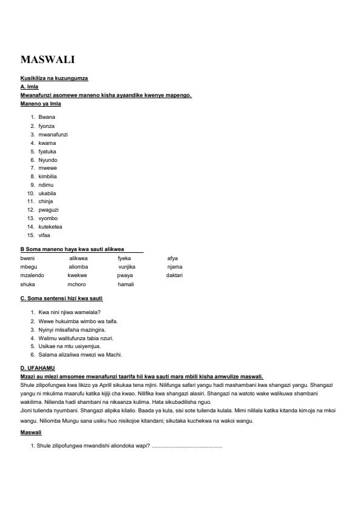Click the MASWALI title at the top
(x=47, y=59)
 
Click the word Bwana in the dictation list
(x=47, y=116)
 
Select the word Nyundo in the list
(x=48, y=159)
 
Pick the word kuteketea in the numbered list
(x=50, y=227)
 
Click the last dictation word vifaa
(x=45, y=235)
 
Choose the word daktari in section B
(x=175, y=275)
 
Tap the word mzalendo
(x=32, y=275)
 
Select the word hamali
(x=125, y=284)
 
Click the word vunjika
(x=127, y=267)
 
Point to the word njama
(x=175, y=267)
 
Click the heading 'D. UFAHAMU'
(x=38, y=368)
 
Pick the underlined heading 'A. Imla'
(x=29, y=87)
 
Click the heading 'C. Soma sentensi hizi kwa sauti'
(x=65, y=299)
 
